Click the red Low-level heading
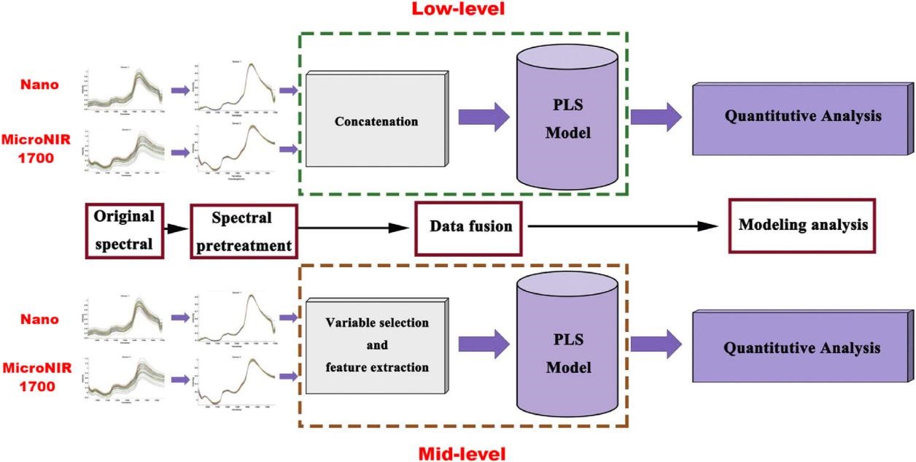[x=458, y=9]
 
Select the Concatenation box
[x=376, y=120]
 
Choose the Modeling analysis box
[x=803, y=225]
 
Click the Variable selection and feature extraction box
[x=376, y=344]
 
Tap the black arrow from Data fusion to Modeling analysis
[x=624, y=226]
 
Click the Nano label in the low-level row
[x=40, y=85]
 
